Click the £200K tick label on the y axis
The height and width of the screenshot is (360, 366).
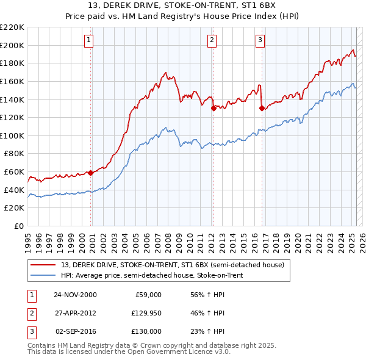(12, 45)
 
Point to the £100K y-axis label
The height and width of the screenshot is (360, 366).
(12, 135)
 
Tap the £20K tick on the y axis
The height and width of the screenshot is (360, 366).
(14, 208)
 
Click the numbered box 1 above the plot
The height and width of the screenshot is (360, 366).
(89, 41)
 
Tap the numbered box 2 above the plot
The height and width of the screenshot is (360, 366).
(212, 41)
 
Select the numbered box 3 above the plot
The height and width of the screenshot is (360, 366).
(260, 41)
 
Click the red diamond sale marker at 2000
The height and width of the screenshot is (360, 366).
(91, 173)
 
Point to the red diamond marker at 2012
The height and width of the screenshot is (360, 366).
(213, 109)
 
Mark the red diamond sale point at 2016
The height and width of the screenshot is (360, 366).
(262, 109)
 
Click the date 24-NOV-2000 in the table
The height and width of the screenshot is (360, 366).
(75, 295)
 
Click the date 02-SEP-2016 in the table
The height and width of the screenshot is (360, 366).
(75, 331)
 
